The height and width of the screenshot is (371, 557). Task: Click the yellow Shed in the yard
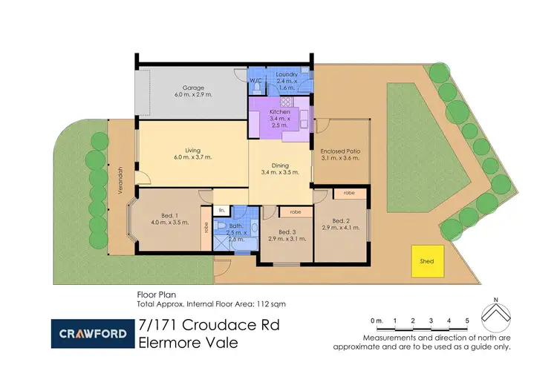point(426,260)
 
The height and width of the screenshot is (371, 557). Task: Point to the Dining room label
point(280,168)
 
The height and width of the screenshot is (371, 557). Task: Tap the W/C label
point(255,80)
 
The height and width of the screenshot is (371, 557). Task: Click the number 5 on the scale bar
point(466,321)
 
